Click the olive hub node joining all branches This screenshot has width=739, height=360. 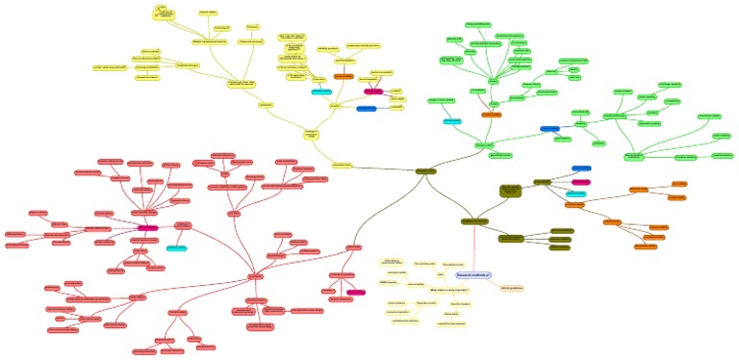tap(425, 171)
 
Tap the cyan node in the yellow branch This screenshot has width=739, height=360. tap(321, 92)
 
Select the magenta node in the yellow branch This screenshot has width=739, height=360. tap(372, 91)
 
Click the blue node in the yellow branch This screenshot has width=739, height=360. tap(367, 109)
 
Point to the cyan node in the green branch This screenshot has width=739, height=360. tap(453, 121)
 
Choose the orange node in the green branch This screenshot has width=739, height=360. tap(491, 115)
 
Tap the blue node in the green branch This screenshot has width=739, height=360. tap(549, 128)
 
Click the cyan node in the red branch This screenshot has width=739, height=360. tap(175, 247)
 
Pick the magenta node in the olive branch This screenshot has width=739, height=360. tap(580, 181)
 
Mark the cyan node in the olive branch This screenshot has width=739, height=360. tap(576, 193)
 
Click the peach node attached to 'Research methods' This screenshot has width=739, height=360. tap(511, 288)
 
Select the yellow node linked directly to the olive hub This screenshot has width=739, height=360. tap(343, 164)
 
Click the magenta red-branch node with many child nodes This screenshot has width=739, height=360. tap(147, 228)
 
